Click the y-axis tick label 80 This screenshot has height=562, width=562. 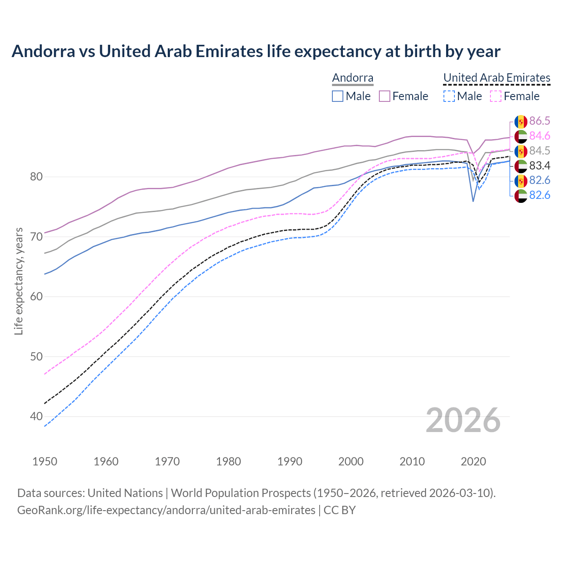coord(36,177)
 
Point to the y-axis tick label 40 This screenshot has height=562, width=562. coord(36,416)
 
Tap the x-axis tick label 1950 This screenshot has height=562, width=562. coord(45,461)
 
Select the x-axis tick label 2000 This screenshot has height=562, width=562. coord(351,461)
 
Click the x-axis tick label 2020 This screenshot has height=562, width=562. coord(473,461)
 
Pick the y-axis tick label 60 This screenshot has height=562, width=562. coord(36,296)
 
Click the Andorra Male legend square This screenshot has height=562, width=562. coord(337,96)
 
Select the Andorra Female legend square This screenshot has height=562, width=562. coord(385,96)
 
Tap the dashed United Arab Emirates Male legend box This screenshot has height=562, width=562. coord(449,96)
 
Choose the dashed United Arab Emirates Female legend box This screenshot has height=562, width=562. coord(495,96)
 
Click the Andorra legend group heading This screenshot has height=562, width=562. coord(353,78)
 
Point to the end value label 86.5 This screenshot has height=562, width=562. coord(540,121)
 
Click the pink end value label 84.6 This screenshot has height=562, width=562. coord(540,136)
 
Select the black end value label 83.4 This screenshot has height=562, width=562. coord(540,166)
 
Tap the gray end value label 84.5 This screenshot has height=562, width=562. coord(540,151)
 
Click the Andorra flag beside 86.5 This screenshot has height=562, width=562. coord(521,122)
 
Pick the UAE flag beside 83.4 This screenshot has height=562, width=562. coord(521,166)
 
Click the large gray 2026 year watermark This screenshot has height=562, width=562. coord(463,420)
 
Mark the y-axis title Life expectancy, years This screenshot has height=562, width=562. coord(19,281)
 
